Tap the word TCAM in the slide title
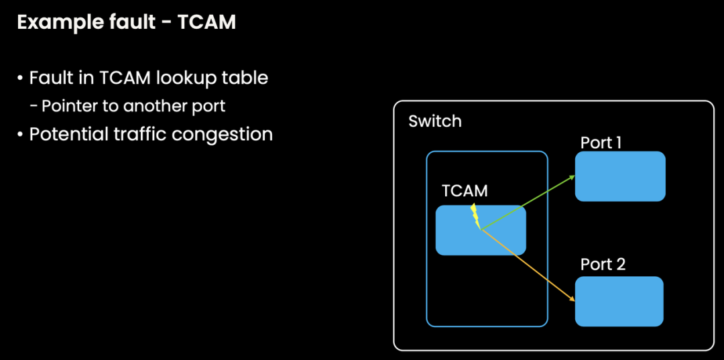point(206,22)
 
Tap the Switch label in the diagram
point(435,121)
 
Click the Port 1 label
point(602,143)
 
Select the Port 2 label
point(603,264)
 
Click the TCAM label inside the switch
point(465,191)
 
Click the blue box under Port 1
point(620,176)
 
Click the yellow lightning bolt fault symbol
point(475,216)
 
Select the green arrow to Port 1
point(526,202)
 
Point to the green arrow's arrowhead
point(572,177)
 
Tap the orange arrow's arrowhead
point(572,300)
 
